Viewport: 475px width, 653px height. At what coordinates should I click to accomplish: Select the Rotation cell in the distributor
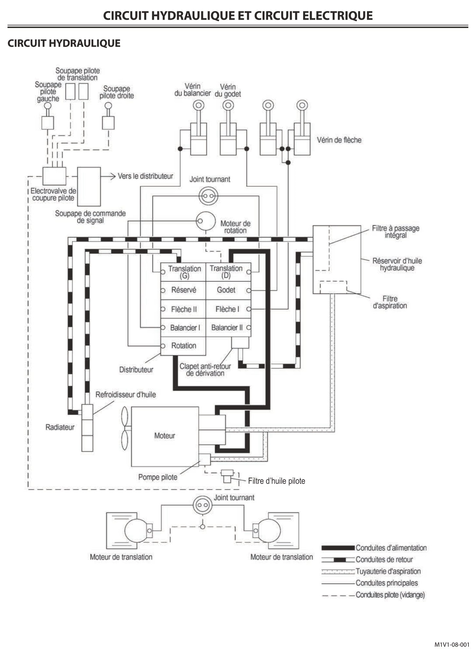pyautogui.click(x=183, y=346)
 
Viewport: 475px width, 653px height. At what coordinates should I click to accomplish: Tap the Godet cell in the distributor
pyautogui.click(x=228, y=290)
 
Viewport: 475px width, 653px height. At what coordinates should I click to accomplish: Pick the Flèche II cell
pyautogui.click(x=183, y=309)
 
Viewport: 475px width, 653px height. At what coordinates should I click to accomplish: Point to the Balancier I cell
pyautogui.click(x=183, y=328)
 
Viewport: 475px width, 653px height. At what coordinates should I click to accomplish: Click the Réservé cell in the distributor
pyautogui.click(x=183, y=290)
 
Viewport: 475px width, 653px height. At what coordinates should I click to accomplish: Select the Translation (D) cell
pyautogui.click(x=228, y=272)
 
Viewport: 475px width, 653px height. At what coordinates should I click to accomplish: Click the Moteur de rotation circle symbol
pyautogui.click(x=206, y=221)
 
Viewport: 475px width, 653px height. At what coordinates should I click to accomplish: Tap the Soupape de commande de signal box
pyautogui.click(x=89, y=187)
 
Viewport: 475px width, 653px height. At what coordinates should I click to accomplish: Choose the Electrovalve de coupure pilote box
pyautogui.click(x=54, y=176)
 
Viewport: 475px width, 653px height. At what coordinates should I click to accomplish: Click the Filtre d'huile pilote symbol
pyautogui.click(x=227, y=476)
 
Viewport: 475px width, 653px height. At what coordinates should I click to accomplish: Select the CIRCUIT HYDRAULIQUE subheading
pyautogui.click(x=64, y=43)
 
